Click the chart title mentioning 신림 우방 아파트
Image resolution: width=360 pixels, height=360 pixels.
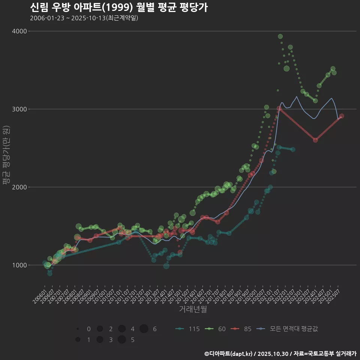(118, 7)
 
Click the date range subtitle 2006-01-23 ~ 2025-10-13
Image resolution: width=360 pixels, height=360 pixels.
(84, 18)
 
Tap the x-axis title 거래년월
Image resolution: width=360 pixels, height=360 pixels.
(193, 309)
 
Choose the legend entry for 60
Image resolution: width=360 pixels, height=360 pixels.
(216, 329)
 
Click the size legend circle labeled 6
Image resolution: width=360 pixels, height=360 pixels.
(144, 329)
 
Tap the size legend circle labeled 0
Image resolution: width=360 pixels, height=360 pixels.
(78, 329)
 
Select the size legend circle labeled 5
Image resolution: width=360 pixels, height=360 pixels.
(121, 340)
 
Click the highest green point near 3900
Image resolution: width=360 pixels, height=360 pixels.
(280, 36)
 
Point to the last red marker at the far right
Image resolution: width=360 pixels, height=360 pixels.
(342, 116)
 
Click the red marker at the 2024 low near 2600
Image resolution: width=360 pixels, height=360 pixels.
(315, 140)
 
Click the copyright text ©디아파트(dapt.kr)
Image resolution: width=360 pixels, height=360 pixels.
(229, 354)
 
